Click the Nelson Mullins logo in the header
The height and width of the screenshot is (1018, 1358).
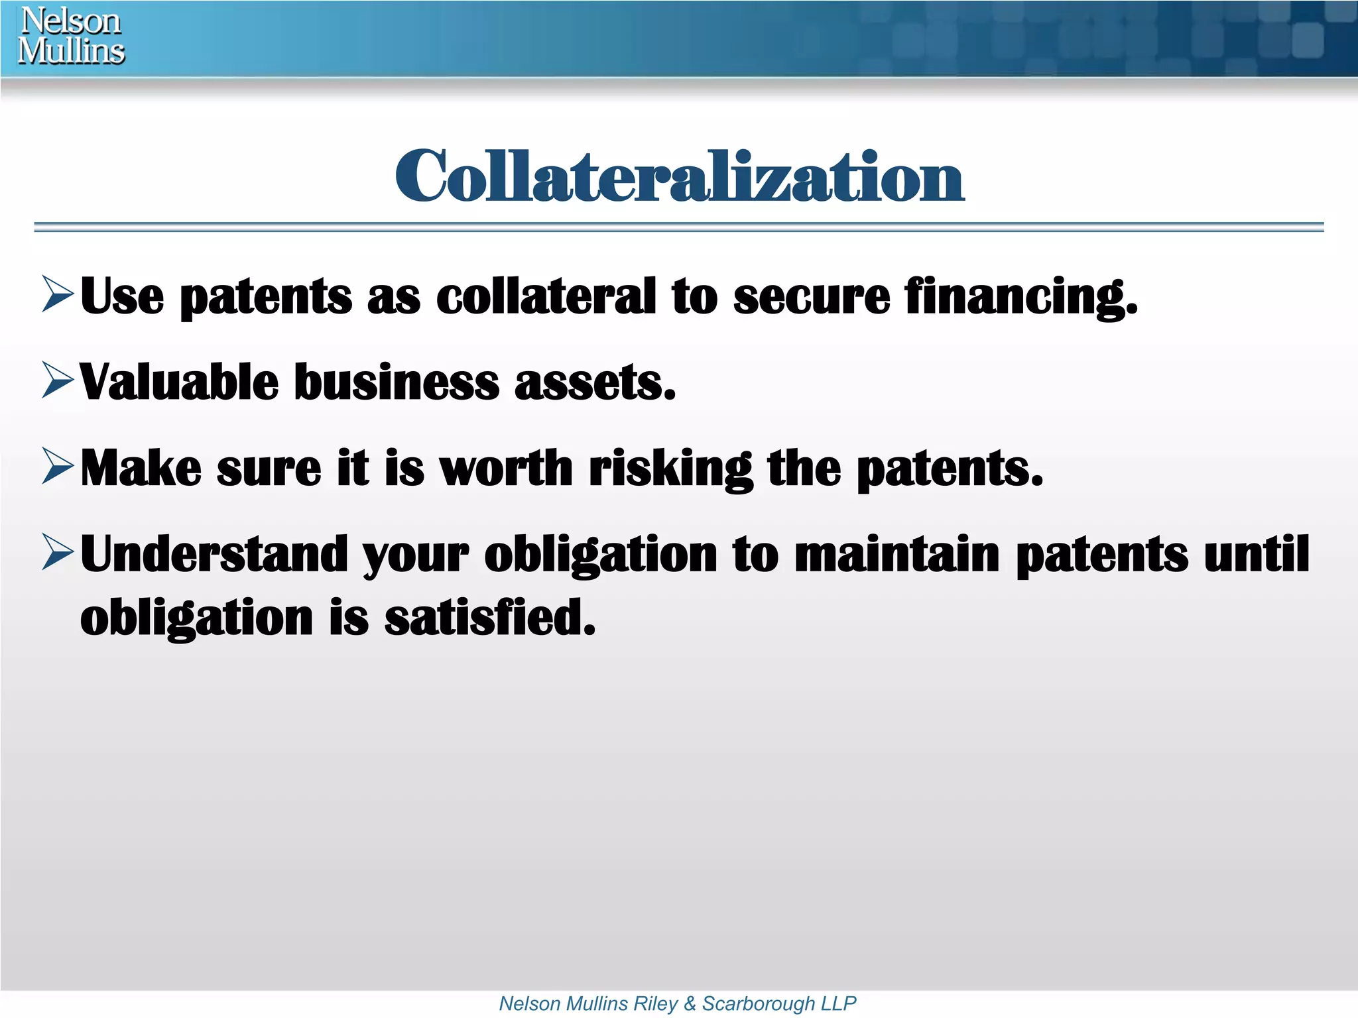[x=71, y=36]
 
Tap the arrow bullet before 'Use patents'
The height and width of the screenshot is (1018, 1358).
[x=58, y=294]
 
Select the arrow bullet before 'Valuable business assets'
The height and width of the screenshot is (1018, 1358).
[x=58, y=380]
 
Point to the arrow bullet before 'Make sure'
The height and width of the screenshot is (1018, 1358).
[x=58, y=466]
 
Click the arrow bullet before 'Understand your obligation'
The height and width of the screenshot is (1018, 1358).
[x=58, y=552]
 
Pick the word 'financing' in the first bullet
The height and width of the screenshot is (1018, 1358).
[x=1020, y=297]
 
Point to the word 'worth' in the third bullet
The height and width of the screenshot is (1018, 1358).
[x=505, y=468]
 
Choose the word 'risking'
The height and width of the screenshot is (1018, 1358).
[x=670, y=469]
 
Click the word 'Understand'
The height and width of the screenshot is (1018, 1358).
[x=214, y=554]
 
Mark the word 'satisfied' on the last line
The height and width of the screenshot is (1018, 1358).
[x=489, y=617]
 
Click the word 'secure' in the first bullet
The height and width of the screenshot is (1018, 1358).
[x=812, y=297]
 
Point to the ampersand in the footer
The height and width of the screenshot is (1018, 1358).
[x=690, y=1003]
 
